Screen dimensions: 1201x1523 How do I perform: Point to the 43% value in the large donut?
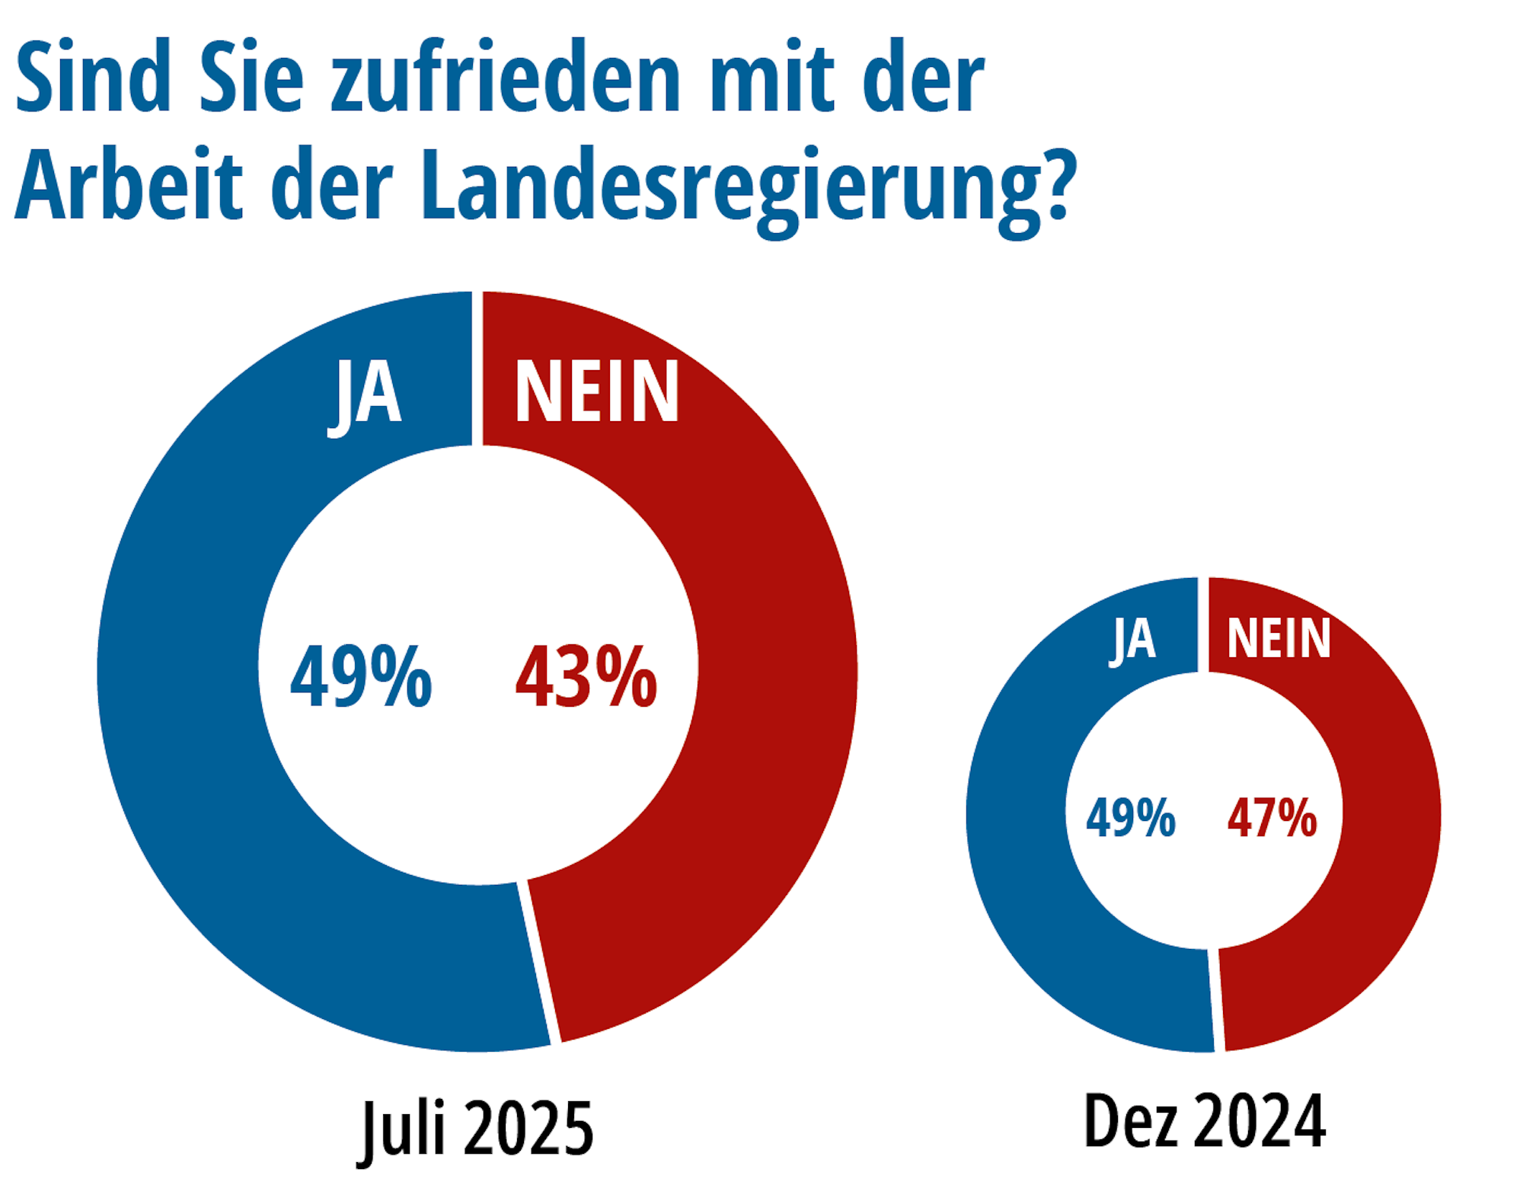pos(586,676)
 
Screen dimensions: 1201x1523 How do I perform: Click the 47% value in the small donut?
pos(1272,818)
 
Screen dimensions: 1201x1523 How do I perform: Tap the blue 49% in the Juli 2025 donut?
pos(361,676)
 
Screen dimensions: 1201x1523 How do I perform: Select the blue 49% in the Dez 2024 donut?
pos(1131,818)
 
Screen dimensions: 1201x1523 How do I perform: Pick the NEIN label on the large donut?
pos(597,391)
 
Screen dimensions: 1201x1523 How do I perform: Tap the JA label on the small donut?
pos(1133,638)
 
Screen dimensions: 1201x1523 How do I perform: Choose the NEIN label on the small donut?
pos(1279,637)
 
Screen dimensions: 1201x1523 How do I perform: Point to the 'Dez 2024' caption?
pos(1205,1120)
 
